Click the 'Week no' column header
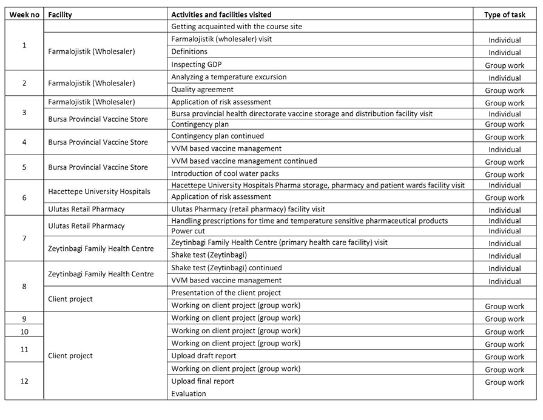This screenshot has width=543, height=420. coord(24,14)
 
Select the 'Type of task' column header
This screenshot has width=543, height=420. coord(504,14)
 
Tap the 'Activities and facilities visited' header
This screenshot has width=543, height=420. coord(221,14)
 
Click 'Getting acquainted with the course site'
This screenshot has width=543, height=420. coord(236,27)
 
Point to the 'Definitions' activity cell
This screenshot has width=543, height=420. coord(189,52)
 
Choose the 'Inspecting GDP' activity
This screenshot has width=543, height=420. coord(197,64)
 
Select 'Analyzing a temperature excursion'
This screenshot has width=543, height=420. coord(229,77)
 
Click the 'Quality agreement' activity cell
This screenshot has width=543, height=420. coord(202,90)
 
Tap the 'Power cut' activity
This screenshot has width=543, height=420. coord(188,231)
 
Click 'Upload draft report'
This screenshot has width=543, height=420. coord(204,356)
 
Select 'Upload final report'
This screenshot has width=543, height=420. coord(203,381)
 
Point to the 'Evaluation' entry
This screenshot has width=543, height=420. coord(189,393)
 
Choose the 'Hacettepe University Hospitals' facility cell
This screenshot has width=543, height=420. coord(99,192)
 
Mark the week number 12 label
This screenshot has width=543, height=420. coord(24,381)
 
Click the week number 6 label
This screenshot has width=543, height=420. coord(24,198)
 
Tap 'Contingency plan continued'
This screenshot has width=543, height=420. coord(217,136)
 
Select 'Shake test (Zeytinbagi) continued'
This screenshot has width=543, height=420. coord(226,268)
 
